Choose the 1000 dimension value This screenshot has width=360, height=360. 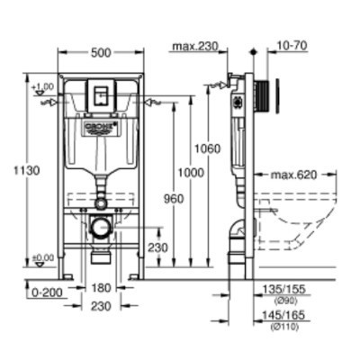pos(190,171)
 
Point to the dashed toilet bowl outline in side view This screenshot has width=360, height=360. pos(306,225)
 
